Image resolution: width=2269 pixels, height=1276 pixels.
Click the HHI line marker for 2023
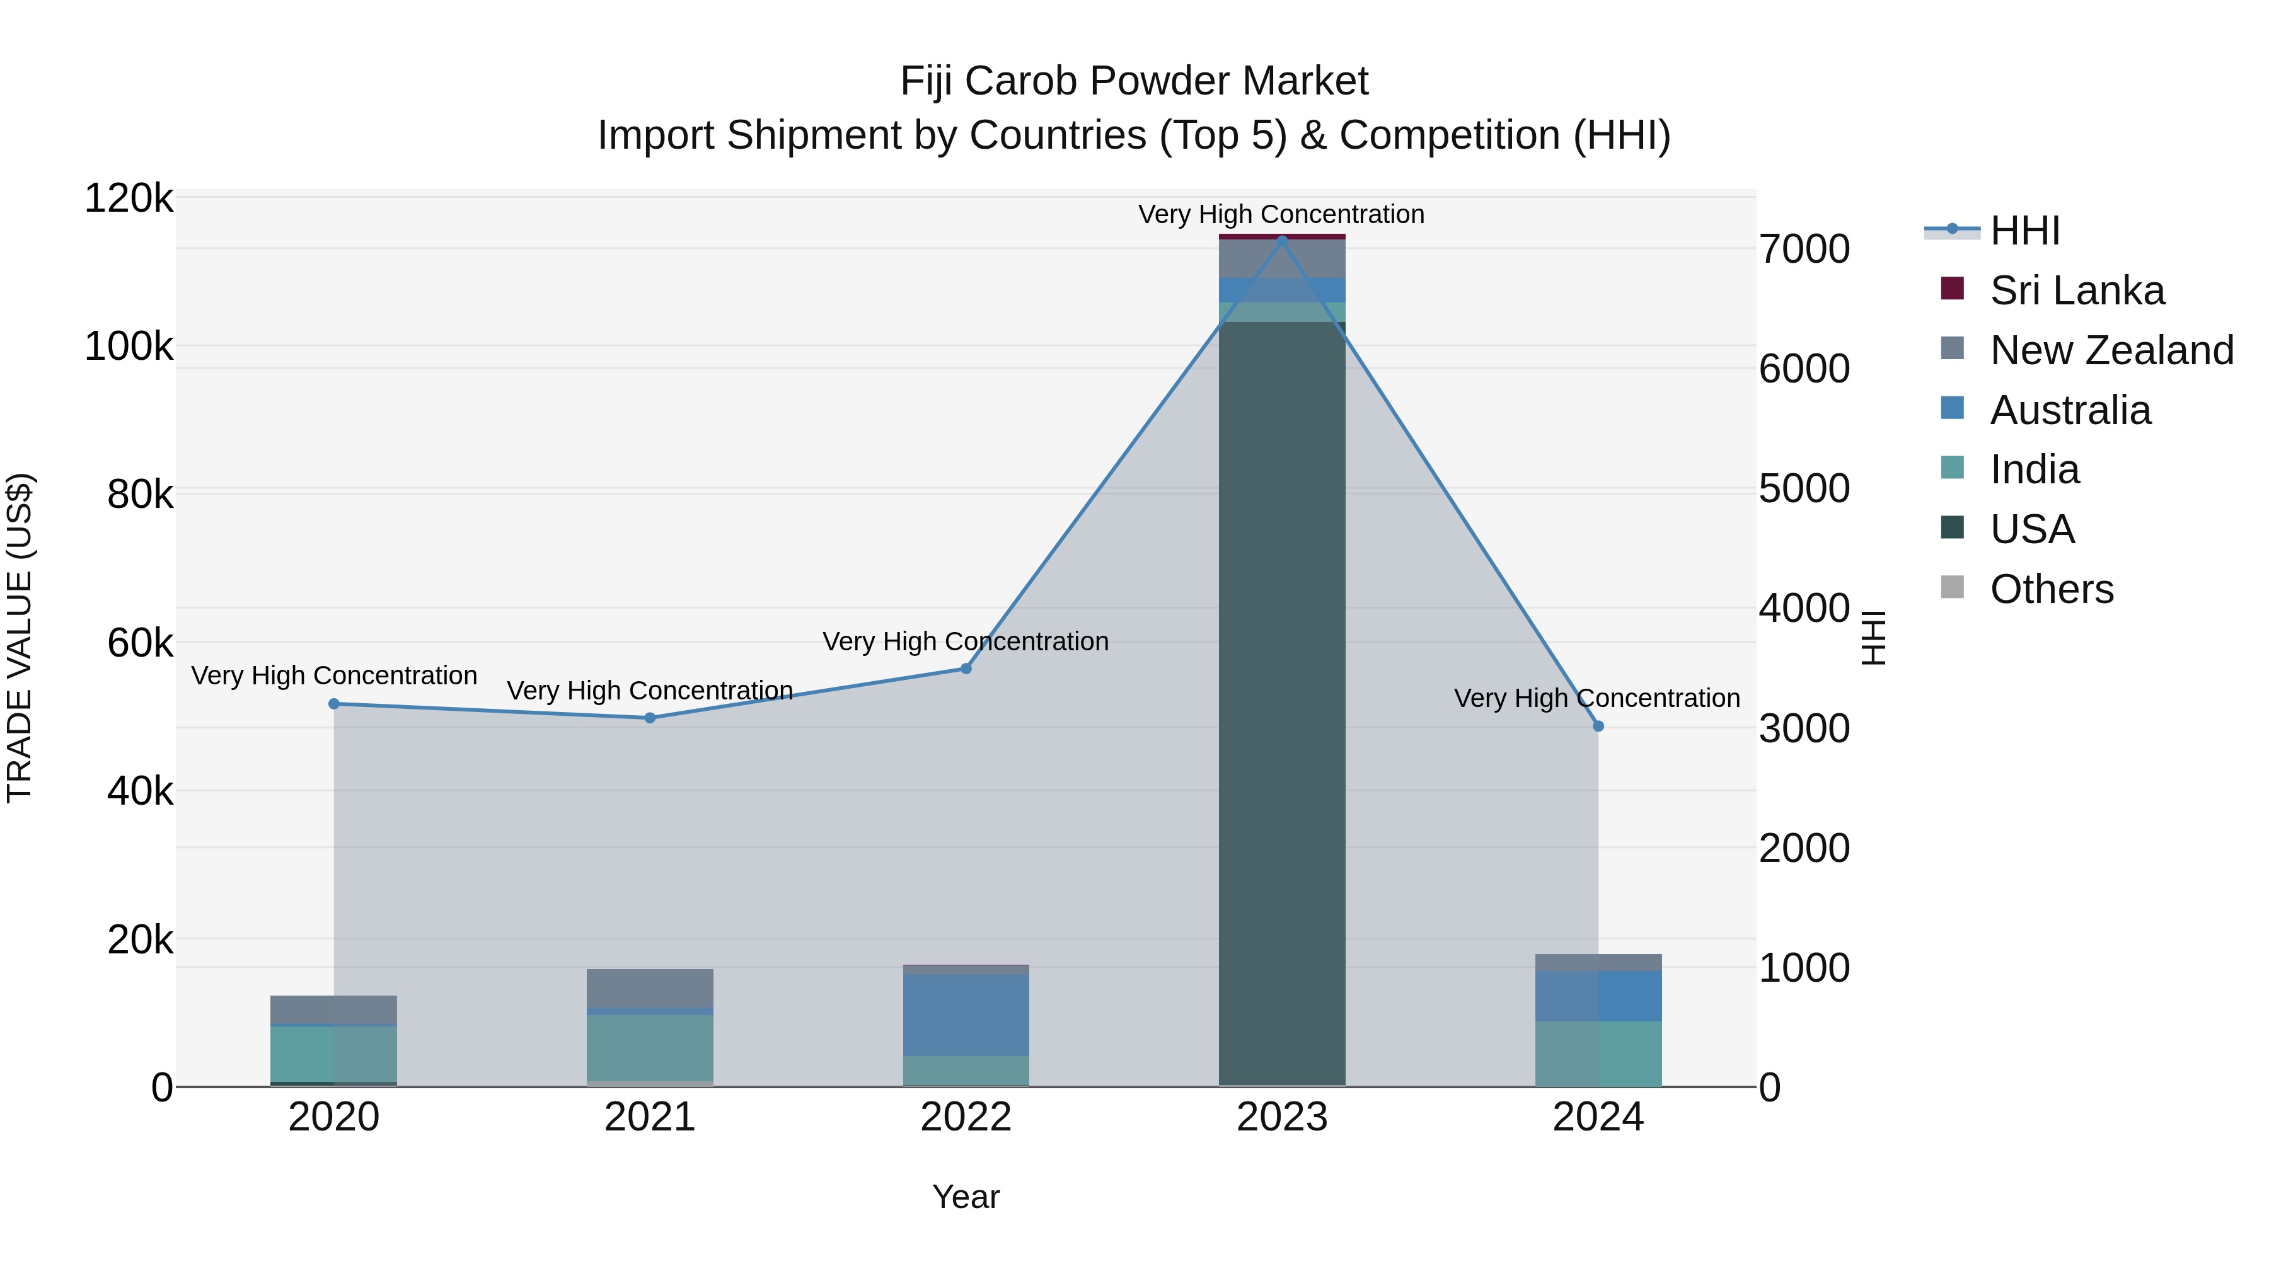pyautogui.click(x=1281, y=239)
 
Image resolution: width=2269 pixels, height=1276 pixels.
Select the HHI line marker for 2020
pyautogui.click(x=334, y=704)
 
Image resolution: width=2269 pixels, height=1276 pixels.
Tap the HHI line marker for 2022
pyautogui.click(x=966, y=669)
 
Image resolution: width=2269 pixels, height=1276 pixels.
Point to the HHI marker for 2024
pyautogui.click(x=1598, y=726)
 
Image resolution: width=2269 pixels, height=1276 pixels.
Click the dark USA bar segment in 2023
pyautogui.click(x=1281, y=704)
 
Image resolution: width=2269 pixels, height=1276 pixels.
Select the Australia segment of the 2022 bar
pyautogui.click(x=966, y=1014)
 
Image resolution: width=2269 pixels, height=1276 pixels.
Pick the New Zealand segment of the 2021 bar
pyautogui.click(x=650, y=988)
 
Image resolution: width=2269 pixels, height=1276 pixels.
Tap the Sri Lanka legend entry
pyautogui.click(x=2076, y=290)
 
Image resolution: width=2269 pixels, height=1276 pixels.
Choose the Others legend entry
pyautogui.click(x=2050, y=589)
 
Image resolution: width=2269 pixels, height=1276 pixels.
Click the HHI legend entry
pyautogui.click(x=2024, y=231)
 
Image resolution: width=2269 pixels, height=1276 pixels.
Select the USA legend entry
pyautogui.click(x=2031, y=529)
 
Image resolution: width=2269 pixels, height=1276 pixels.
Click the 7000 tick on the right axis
pyautogui.click(x=1804, y=249)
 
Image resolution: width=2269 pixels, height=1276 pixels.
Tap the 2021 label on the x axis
pyautogui.click(x=650, y=1117)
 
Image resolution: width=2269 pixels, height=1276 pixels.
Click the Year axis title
pyautogui.click(x=966, y=1197)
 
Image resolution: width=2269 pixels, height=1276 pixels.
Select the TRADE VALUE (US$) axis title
pyautogui.click(x=20, y=638)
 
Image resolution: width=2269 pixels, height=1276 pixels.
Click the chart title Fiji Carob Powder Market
pyautogui.click(x=1134, y=81)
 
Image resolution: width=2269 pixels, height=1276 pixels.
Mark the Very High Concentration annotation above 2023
pyautogui.click(x=1281, y=214)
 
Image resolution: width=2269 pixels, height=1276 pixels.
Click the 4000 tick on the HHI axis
pyautogui.click(x=1804, y=609)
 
